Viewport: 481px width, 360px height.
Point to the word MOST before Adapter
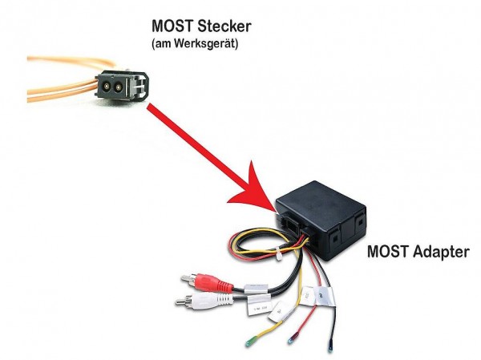pos(386,251)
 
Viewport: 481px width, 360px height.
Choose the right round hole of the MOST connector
pos(121,86)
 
